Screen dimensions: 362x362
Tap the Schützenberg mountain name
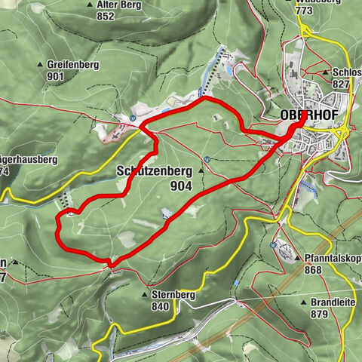(155, 171)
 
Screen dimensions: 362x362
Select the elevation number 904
(180, 186)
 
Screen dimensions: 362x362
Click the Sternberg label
(173, 296)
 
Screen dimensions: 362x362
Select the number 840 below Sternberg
(160, 307)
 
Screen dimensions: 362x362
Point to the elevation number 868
(313, 269)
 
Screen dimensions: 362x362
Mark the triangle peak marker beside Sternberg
(145, 296)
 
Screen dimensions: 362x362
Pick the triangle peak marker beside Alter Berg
(90, 5)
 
